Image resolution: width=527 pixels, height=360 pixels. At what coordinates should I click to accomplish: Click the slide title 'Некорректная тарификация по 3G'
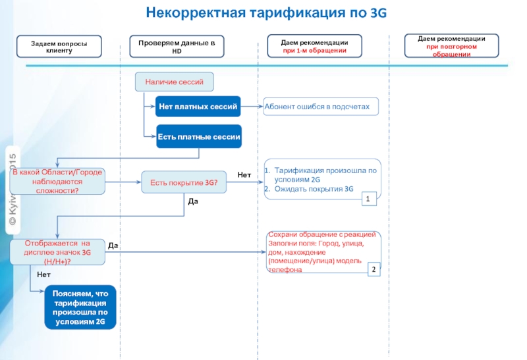click(x=266, y=13)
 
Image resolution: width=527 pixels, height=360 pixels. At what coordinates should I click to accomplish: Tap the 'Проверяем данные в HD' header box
click(x=177, y=46)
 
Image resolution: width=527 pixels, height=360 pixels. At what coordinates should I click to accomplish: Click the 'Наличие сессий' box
click(x=175, y=82)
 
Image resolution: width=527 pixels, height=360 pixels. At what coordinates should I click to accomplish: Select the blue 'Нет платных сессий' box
click(x=198, y=106)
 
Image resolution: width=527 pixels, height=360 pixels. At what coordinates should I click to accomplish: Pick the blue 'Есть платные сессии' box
click(x=198, y=138)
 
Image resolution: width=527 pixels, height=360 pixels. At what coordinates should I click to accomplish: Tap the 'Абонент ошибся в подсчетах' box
click(x=321, y=106)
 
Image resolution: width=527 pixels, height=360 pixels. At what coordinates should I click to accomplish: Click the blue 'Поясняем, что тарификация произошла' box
click(x=80, y=307)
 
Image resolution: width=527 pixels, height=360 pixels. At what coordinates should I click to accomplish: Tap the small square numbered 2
click(x=374, y=270)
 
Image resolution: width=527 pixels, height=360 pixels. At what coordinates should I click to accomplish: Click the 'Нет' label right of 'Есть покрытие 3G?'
click(x=244, y=174)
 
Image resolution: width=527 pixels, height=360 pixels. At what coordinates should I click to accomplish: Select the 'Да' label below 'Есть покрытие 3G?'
click(x=192, y=202)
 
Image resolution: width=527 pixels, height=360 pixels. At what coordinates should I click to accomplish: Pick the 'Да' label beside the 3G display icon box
click(x=113, y=245)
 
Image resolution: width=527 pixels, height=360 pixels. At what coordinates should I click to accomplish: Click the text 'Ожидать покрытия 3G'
click(x=314, y=188)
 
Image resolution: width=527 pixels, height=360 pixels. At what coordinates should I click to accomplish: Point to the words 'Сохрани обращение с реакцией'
click(x=322, y=235)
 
